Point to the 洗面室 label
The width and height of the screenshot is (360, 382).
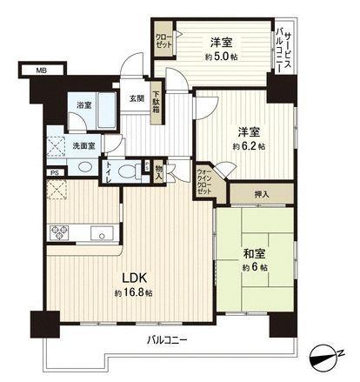[84, 145]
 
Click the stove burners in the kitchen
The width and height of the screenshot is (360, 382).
[63, 232]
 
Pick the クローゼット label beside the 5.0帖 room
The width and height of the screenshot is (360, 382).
[163, 39]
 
